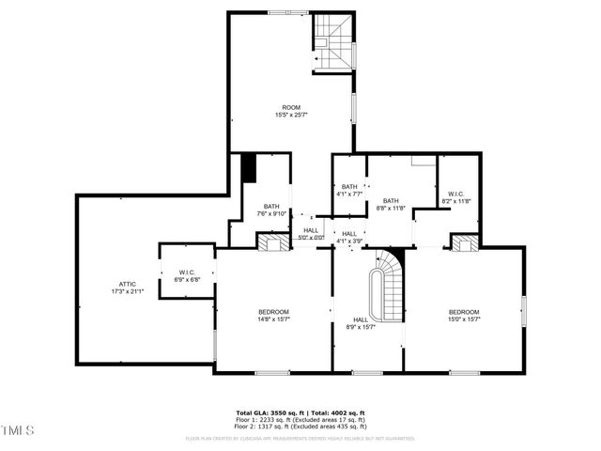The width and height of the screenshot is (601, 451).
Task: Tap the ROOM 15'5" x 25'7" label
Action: [291, 111]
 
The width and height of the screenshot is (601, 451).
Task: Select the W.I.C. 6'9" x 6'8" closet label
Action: [186, 275]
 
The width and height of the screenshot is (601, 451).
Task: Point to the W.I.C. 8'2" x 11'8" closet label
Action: [456, 197]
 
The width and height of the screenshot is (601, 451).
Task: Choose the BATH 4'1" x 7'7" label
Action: [349, 190]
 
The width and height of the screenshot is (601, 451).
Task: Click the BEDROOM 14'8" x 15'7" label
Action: [273, 316]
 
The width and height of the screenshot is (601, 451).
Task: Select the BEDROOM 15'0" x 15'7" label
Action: [464, 316]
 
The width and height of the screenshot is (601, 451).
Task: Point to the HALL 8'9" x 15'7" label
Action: [361, 323]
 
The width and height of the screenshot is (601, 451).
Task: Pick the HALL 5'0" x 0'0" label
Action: [311, 234]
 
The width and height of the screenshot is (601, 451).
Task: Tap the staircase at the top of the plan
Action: [334, 42]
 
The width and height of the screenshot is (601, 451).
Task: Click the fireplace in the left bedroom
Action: [272, 242]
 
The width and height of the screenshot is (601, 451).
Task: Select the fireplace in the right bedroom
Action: [464, 243]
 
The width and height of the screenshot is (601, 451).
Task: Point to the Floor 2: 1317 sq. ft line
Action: [300, 426]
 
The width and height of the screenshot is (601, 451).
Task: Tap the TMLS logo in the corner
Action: [17, 430]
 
